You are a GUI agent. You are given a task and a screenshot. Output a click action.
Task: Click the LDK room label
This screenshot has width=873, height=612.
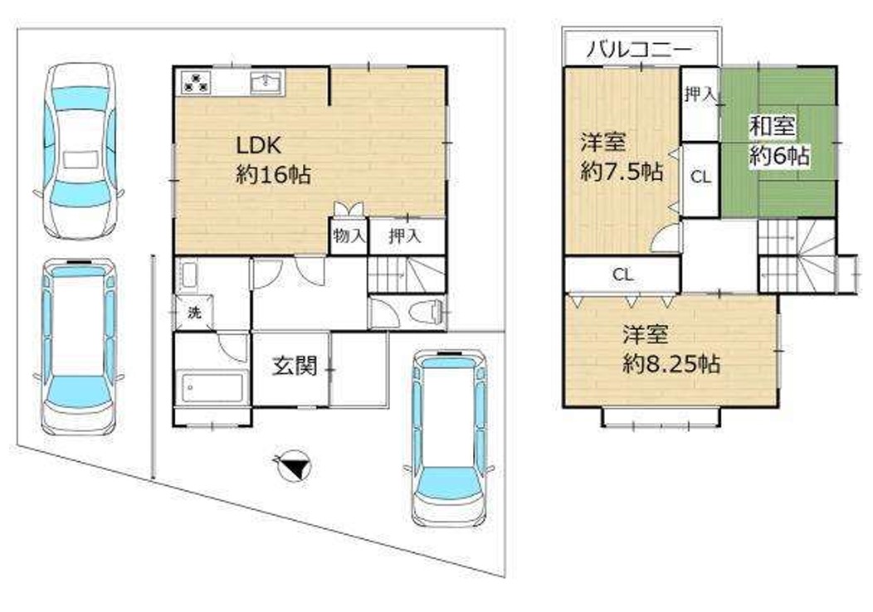click(x=259, y=146)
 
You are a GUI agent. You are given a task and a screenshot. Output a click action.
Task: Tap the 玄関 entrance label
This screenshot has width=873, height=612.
click(x=295, y=366)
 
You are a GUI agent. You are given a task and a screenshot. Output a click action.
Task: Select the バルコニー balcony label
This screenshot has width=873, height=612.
click(x=640, y=50)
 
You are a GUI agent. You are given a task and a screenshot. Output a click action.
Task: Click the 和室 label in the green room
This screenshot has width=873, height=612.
click(x=772, y=126)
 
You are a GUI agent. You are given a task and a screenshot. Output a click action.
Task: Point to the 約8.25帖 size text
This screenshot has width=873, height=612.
click(x=671, y=364)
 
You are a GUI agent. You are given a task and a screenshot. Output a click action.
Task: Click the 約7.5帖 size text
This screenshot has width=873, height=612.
click(x=622, y=172)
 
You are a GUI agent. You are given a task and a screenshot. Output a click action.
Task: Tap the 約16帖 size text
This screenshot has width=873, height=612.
click(x=273, y=175)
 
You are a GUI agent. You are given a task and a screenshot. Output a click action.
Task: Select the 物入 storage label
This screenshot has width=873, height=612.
click(x=349, y=236)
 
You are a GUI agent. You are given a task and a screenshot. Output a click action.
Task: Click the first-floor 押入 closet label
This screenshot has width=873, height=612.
click(x=404, y=236)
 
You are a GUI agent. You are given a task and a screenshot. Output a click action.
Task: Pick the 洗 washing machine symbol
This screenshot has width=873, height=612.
click(x=193, y=313)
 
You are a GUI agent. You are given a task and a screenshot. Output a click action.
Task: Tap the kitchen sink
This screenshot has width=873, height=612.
click(x=267, y=83)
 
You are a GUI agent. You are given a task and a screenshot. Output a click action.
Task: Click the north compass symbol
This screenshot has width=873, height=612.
click(x=293, y=466)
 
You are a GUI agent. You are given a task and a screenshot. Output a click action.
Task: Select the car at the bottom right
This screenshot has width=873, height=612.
click(x=449, y=437)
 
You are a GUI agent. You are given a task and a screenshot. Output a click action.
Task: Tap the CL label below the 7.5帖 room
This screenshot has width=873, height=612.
click(x=623, y=274)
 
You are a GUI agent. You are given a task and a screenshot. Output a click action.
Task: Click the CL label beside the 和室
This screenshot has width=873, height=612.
click(x=700, y=177)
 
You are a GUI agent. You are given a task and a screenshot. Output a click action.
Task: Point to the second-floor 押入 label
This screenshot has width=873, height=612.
click(x=700, y=95)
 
